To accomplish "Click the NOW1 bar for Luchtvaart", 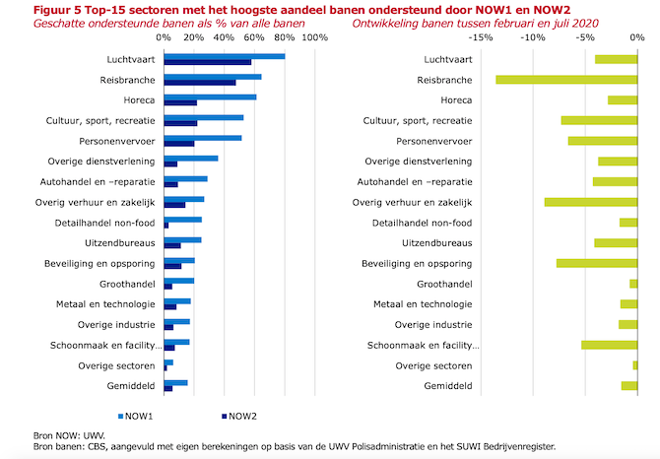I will pos(224,56).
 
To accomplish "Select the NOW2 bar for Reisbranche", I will pos(200,83).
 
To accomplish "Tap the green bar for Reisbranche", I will pos(566,79).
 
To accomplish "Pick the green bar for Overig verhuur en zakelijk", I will pos(591,202).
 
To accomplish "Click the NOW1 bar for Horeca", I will pos(210,97).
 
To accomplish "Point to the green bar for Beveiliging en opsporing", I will pos(597,263).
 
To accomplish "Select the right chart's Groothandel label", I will pos(445,284).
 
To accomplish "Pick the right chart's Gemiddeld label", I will pos(447,386).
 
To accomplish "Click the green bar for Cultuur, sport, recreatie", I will pos(599,120).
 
